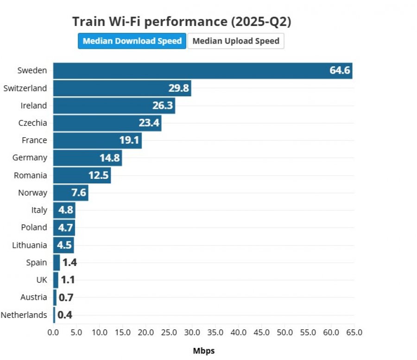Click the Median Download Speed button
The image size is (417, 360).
pos(132,41)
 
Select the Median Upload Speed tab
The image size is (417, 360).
pos(236,41)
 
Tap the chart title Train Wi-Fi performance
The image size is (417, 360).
pos(182,21)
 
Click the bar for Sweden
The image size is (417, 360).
pos(202,71)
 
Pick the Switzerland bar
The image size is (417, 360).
pos(122,88)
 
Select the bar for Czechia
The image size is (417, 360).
pos(107,123)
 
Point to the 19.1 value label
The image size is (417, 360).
pos(129,140)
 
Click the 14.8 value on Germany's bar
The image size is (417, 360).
pos(109,158)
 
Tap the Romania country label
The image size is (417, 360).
pos(30,176)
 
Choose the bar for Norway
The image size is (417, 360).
pos(71,193)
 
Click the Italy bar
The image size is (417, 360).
pos(64,210)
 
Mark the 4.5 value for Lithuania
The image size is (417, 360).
pos(64,245)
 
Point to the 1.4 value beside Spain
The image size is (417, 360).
pos(69,262)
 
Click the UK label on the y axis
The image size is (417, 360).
pos(42,280)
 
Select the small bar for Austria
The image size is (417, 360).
pos(55,297)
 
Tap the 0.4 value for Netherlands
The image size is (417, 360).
pos(65,315)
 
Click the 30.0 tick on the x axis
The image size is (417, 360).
pos(192,332)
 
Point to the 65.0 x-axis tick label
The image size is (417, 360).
pos(354,332)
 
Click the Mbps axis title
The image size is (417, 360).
pos(204,351)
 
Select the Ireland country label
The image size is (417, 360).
pos(34,106)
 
